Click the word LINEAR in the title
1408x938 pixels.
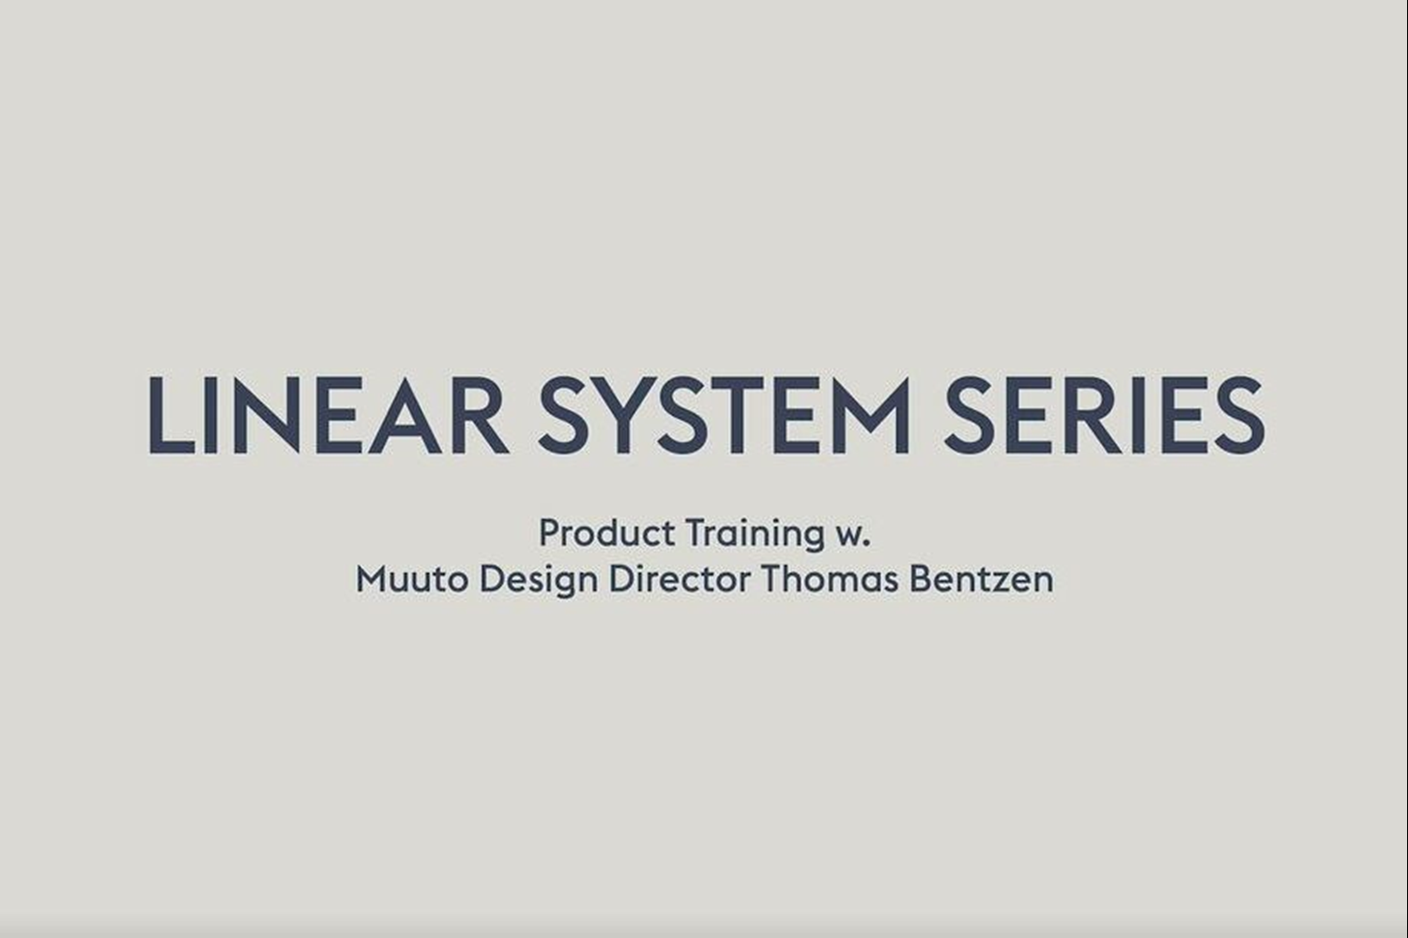point(329,415)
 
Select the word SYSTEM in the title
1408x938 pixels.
point(724,415)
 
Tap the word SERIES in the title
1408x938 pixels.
point(1105,415)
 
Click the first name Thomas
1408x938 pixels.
point(830,579)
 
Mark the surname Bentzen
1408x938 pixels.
point(982,579)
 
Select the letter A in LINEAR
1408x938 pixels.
point(405,415)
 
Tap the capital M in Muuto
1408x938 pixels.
point(374,579)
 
